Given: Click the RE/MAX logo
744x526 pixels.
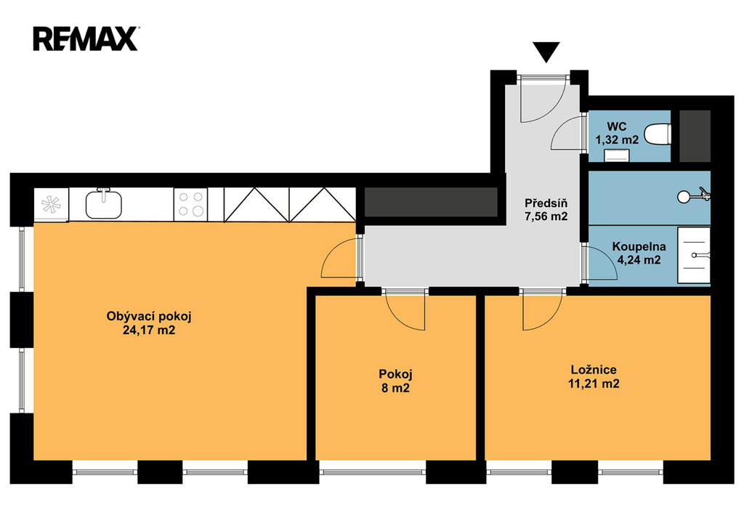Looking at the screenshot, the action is point(86,39).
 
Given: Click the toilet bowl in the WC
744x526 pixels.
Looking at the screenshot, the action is point(658,134).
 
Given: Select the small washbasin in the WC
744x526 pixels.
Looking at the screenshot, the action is point(617,155).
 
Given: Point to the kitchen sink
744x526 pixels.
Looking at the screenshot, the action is point(103,204).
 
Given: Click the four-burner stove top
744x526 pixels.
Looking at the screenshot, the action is point(191,204).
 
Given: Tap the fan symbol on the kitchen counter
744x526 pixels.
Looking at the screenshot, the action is point(51,204).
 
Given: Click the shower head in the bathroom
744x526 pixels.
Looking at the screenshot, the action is point(694,195).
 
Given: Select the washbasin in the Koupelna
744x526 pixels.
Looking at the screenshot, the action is point(694,255).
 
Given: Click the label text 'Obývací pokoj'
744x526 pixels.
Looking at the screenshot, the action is point(149,316).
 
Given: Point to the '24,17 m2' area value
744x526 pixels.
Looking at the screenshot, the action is point(149,330).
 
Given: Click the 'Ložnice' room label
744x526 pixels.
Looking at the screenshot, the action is point(594,370).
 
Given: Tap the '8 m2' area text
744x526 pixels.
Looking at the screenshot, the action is point(396,388).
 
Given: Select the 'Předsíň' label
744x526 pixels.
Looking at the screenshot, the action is point(546,203).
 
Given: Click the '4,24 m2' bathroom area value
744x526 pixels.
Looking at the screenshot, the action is point(639,260).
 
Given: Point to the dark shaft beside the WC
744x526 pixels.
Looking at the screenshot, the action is point(695,136).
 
